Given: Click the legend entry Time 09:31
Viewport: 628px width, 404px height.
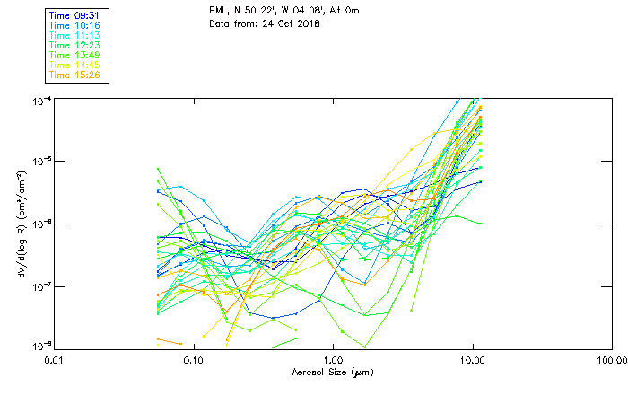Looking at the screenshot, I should [x=74, y=15].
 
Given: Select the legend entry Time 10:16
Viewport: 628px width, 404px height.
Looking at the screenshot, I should [x=74, y=25].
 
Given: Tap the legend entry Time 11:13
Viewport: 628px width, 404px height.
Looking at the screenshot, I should [x=74, y=35].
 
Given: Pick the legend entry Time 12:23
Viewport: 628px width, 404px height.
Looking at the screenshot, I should [x=74, y=45].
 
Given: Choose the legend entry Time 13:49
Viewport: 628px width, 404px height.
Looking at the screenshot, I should [x=74, y=55].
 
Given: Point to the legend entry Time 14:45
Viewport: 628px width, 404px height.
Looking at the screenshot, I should [x=74, y=65].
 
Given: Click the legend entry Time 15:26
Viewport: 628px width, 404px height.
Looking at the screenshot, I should [x=74, y=75].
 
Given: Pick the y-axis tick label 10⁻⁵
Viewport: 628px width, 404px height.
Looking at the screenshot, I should [x=42, y=161].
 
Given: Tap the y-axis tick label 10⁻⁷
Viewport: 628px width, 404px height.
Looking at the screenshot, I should [x=42, y=286].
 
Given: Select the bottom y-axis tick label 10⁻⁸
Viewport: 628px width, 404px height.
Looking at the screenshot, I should [x=42, y=346].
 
